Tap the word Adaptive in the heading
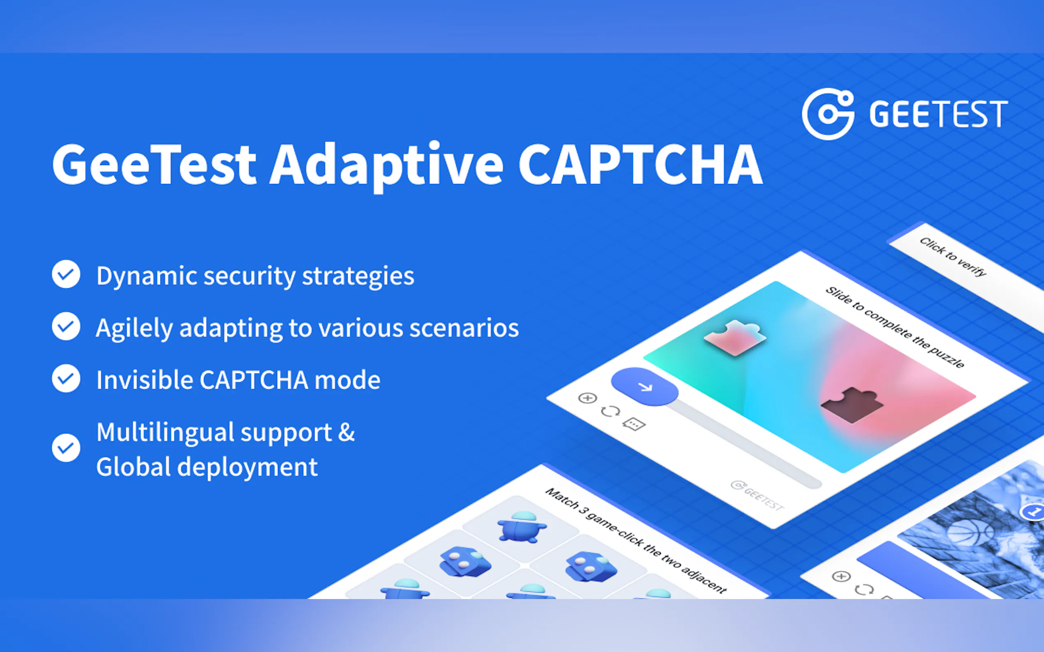point(387,168)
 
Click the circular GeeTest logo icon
point(828,114)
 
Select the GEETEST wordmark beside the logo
point(938,114)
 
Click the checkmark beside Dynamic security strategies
point(66,274)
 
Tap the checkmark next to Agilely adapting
point(66,326)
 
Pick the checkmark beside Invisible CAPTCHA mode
point(66,378)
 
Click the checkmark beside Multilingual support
point(66,448)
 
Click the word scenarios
point(464,328)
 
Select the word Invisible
point(145,380)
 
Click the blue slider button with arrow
point(644,386)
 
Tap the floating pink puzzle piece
point(735,337)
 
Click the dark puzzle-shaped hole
point(852,404)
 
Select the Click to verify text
point(953,257)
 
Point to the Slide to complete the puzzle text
point(895,327)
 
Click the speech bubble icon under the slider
point(633,424)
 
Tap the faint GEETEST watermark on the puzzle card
point(758,496)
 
